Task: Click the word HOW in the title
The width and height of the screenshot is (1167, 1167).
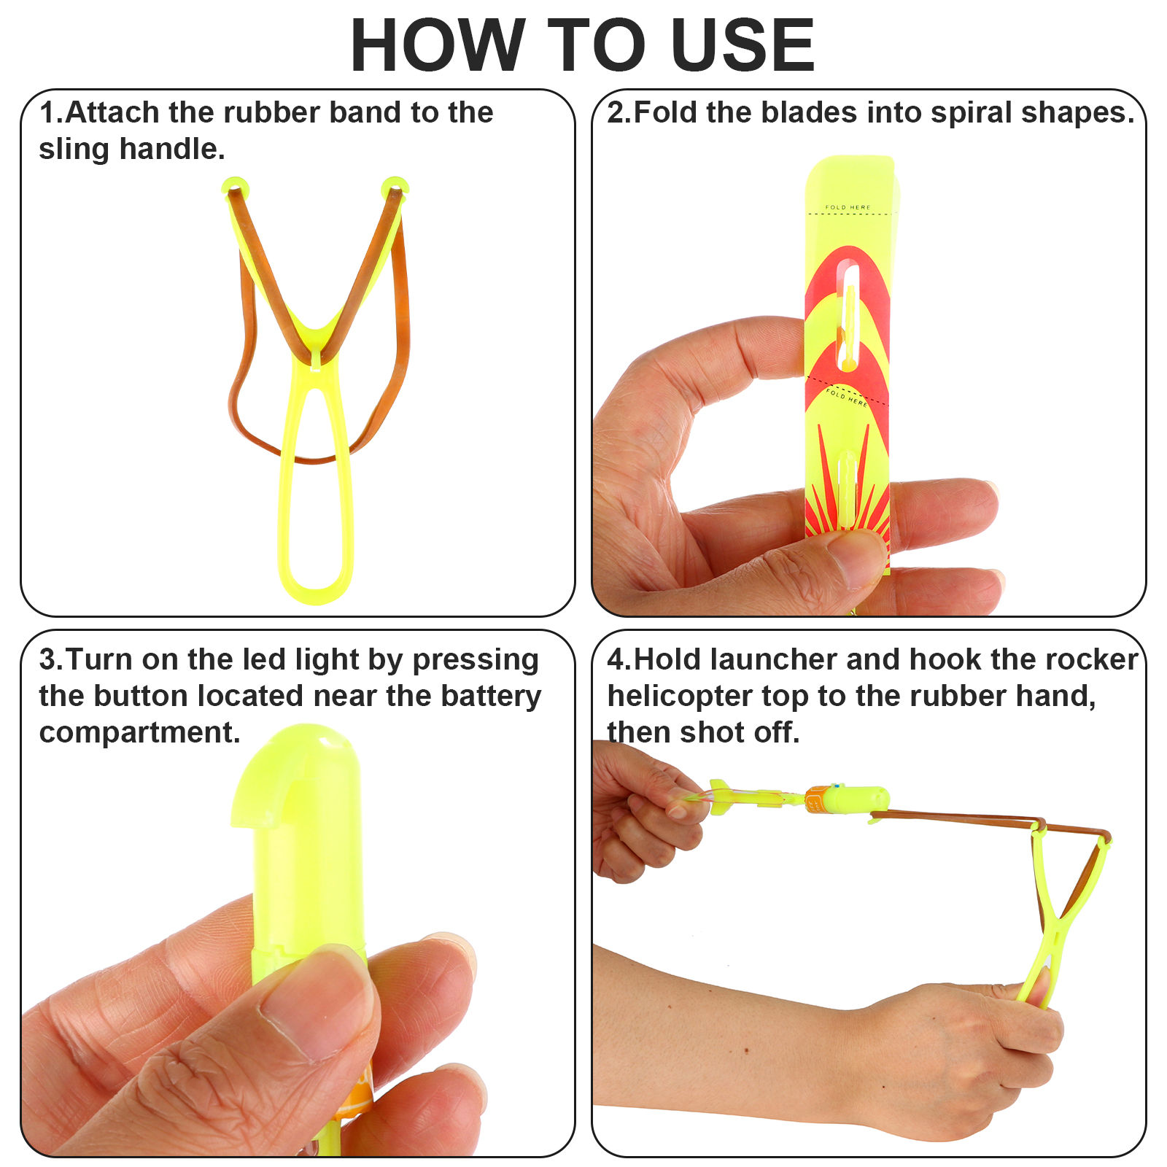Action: tap(438, 45)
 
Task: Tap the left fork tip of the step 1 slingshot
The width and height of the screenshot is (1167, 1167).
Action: tap(235, 187)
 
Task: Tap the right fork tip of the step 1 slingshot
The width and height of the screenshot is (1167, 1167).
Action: tap(395, 187)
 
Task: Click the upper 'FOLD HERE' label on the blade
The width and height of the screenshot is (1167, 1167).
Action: tap(848, 207)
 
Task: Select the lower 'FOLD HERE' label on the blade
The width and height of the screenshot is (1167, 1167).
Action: tap(846, 397)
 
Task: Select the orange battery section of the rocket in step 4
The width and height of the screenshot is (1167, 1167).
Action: tap(818, 800)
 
